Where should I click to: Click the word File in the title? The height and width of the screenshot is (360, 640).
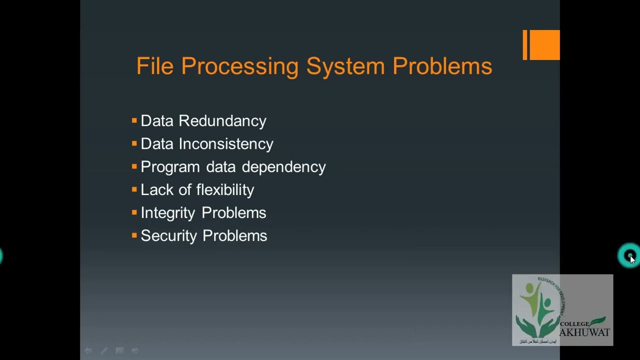coord(154,66)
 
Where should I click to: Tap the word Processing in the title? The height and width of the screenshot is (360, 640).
coord(239,66)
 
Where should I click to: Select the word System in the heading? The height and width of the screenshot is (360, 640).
coord(345,66)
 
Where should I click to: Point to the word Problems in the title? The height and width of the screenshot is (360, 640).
coord(442,66)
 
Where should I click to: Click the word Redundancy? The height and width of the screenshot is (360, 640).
coord(222,121)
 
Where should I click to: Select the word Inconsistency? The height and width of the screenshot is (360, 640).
coord(226,144)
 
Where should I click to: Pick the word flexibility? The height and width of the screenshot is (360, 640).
coord(225,190)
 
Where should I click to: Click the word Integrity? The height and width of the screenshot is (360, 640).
coord(167,213)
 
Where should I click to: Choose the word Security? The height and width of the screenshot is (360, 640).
coord(168,236)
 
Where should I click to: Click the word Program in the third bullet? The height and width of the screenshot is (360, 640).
coord(170,167)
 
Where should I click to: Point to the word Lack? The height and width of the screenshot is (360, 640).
coord(156,190)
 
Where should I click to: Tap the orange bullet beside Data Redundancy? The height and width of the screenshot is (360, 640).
coord(134,120)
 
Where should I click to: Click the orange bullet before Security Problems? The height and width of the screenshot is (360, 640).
coord(134,235)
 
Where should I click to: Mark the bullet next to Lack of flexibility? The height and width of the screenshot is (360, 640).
coord(134,189)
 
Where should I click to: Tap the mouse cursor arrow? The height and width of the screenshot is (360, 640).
coord(632,259)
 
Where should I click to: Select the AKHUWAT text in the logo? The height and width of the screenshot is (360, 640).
coord(584,332)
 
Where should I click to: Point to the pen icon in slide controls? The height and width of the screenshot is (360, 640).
coord(103,351)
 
